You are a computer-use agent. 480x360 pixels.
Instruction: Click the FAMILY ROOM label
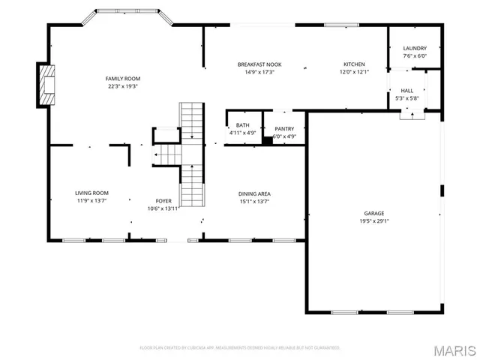(x=122, y=79)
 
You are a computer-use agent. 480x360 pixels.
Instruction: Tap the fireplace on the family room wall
(x=46, y=84)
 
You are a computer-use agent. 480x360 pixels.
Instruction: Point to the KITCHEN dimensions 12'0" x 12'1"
(x=354, y=72)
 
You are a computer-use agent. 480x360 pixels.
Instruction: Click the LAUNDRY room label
(x=415, y=48)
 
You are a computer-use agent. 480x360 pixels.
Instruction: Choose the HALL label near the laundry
(x=406, y=91)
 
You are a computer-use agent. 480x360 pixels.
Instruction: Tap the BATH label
(x=242, y=125)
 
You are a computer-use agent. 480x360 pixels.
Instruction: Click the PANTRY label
(x=284, y=129)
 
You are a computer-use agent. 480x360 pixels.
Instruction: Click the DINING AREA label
(x=254, y=193)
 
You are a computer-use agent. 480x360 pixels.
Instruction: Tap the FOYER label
(x=163, y=201)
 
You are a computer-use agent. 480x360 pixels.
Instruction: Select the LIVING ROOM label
(x=91, y=193)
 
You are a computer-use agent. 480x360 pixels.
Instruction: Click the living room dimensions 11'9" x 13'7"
(x=91, y=201)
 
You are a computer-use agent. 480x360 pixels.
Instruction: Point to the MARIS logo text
(x=453, y=350)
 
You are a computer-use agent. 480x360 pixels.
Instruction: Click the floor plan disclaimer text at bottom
(x=240, y=347)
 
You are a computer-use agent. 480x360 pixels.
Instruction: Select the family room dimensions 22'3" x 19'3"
(x=122, y=86)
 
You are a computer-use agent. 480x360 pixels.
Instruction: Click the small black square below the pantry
(x=267, y=139)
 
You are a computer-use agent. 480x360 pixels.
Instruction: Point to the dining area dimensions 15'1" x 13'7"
(x=254, y=201)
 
